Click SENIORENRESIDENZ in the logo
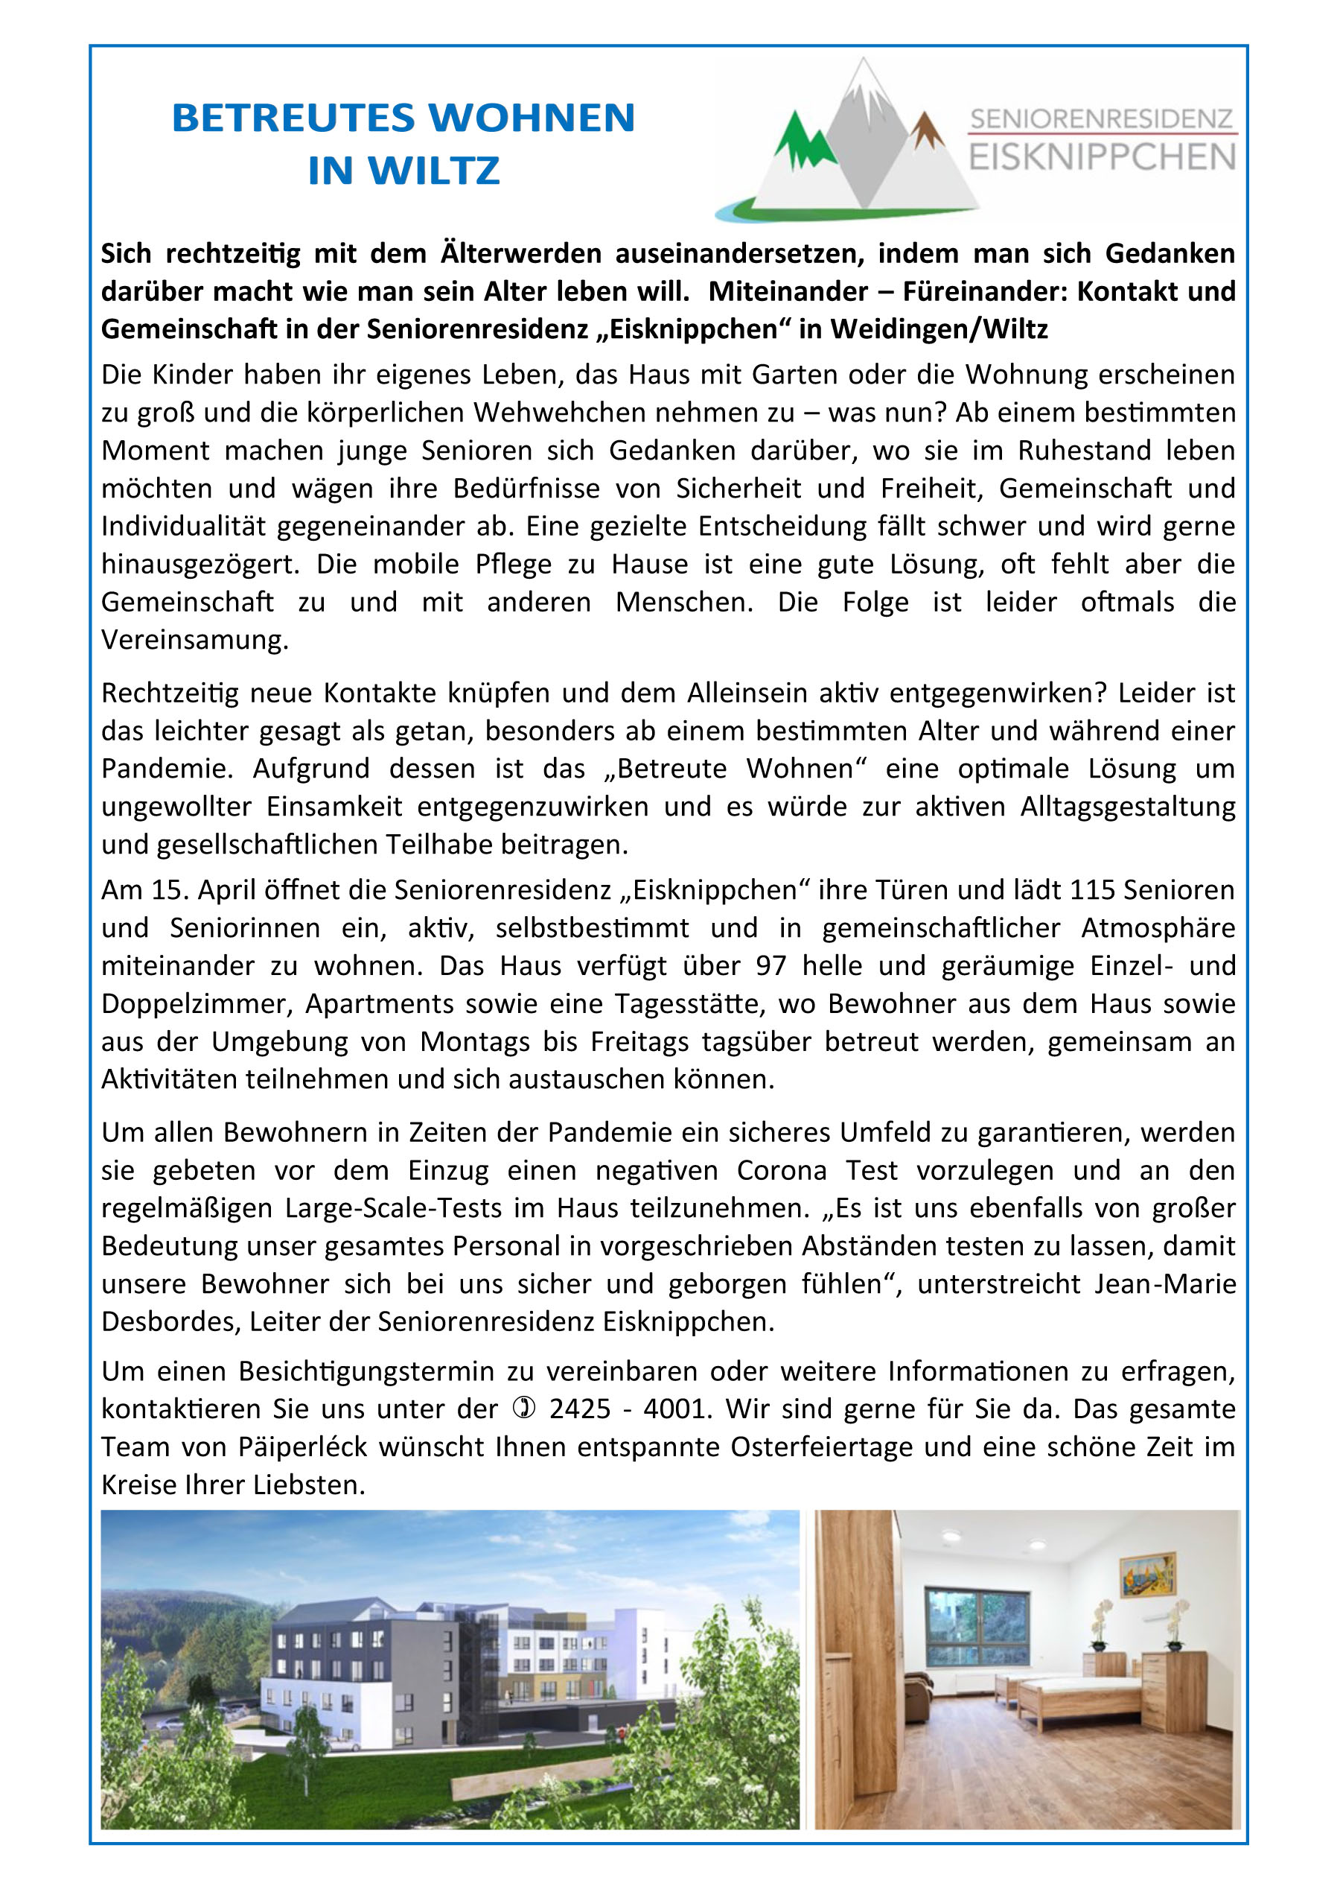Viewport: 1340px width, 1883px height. (1102, 120)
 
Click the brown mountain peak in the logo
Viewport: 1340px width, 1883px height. (927, 132)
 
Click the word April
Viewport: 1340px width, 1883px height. (226, 890)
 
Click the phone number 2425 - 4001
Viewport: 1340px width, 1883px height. (629, 1409)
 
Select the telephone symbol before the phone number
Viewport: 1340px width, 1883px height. (525, 1409)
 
